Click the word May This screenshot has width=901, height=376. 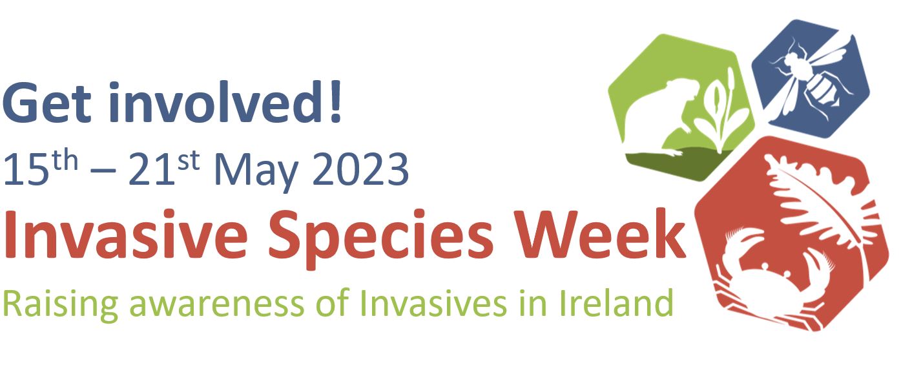pos(256,171)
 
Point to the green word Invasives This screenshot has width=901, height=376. pos(436,302)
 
